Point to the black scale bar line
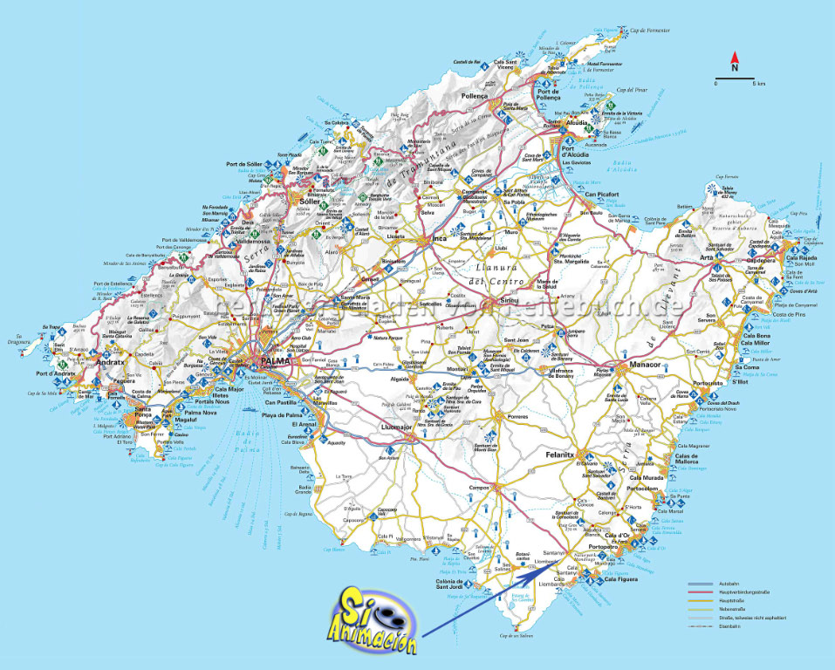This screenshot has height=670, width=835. [x=735, y=78]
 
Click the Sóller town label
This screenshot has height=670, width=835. [x=311, y=202]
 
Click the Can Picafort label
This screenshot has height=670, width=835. [x=602, y=194]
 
